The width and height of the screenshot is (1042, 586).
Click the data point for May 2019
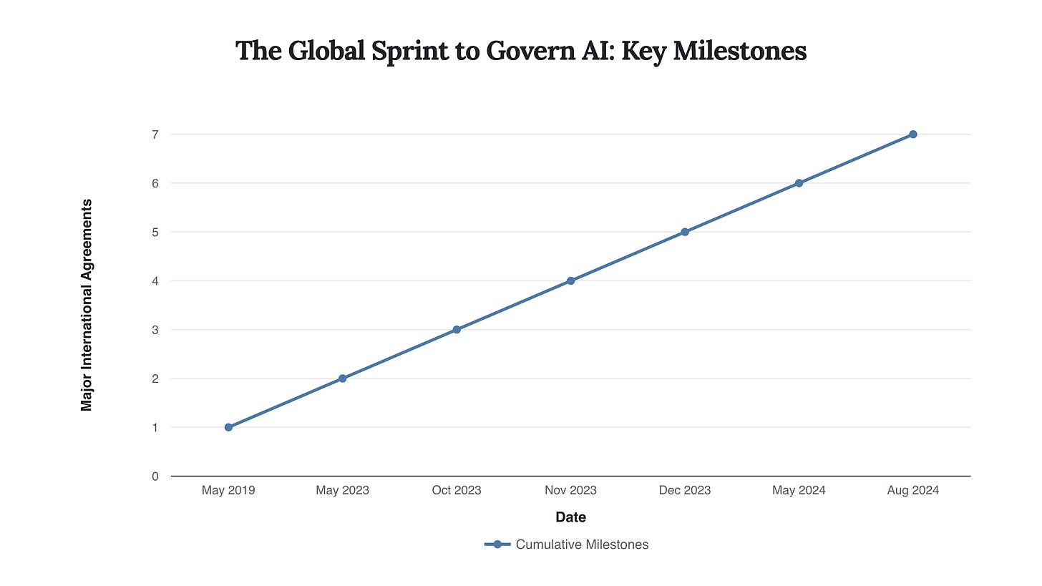coord(228,427)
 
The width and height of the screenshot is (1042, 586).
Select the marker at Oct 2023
coord(457,330)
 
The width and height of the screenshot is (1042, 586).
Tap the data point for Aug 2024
coord(913,135)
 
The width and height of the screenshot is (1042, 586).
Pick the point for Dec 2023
coord(685,232)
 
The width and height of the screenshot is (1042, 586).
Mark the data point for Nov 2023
coord(570,281)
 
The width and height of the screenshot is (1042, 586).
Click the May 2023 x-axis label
coord(342,490)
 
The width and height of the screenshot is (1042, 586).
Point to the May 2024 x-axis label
coord(799,490)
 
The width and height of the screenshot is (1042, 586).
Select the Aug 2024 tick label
coord(913,490)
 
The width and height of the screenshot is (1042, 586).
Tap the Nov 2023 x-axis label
coord(570,490)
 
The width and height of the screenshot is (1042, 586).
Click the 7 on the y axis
coord(155,135)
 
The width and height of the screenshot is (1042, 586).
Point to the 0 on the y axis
coord(155,477)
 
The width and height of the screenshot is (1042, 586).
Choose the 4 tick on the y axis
coord(155,281)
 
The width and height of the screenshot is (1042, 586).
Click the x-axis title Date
coord(570,517)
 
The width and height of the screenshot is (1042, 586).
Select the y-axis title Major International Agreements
coord(87,305)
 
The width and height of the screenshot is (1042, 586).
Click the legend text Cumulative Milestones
coord(582,545)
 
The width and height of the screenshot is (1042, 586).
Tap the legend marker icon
coord(497,545)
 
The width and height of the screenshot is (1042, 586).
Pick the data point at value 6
coord(799,183)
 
